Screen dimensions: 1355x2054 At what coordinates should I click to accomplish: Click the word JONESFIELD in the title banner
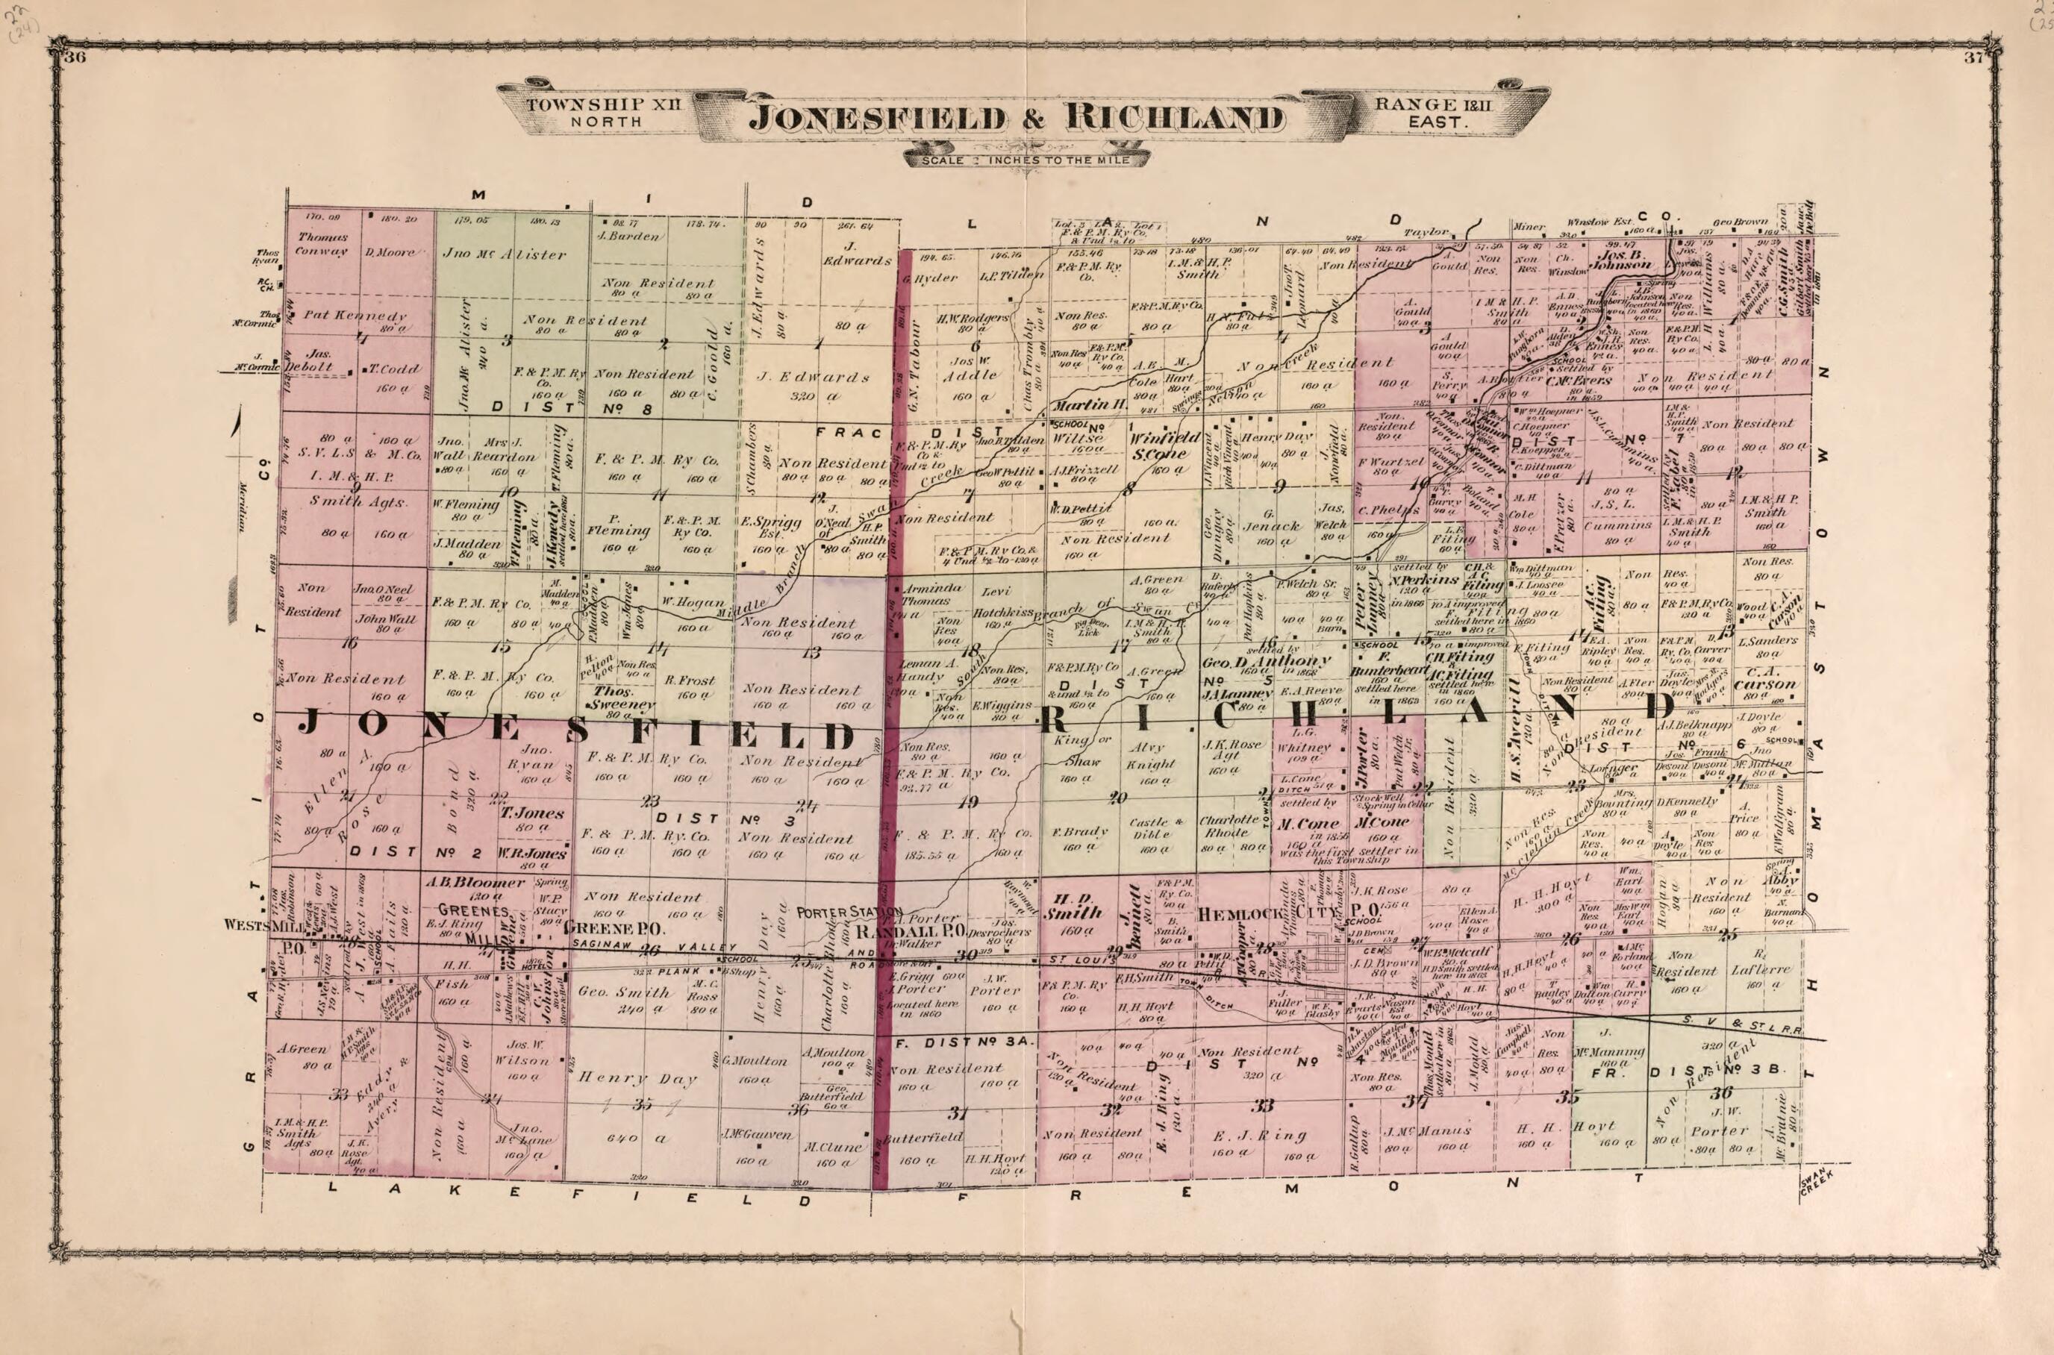[878, 118]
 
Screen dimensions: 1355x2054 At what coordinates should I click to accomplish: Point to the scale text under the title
[1026, 160]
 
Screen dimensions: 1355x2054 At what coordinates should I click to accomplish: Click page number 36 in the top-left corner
[76, 58]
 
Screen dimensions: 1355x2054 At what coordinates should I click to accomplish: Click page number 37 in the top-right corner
[1973, 59]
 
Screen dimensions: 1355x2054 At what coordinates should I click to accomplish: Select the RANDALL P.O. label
[908, 933]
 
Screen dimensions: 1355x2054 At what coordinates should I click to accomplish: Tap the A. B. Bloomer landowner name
[475, 882]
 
